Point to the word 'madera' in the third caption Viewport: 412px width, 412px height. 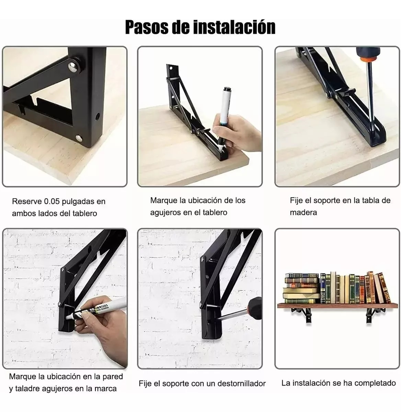[x=303, y=213]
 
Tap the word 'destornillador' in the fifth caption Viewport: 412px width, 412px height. [x=242, y=384]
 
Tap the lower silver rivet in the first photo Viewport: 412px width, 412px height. [x=79, y=138]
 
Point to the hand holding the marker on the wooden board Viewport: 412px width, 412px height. [x=233, y=136]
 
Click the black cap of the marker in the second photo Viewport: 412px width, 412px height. [x=227, y=92]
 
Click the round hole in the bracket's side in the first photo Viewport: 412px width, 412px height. [x=98, y=117]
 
